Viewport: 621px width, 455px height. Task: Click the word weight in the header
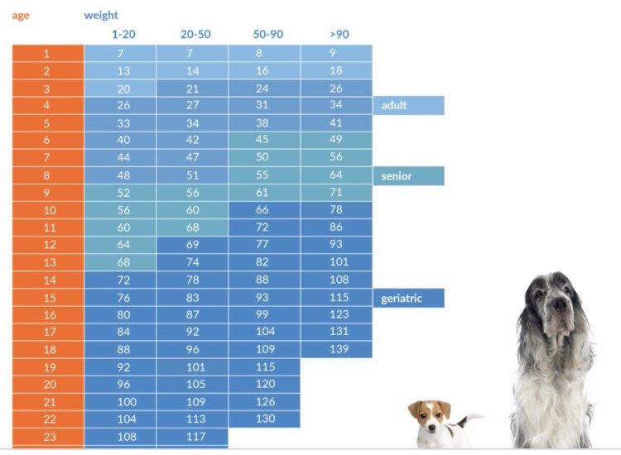pos(101,15)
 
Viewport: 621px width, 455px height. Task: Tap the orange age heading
pos(21,15)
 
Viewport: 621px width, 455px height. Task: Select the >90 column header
pos(338,34)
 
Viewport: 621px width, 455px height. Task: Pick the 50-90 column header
pos(267,34)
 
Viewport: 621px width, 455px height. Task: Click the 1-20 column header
pos(123,34)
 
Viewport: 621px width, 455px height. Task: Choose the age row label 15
pos(47,298)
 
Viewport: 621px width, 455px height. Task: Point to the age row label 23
pos(47,437)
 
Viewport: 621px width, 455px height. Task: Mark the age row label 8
pos(47,175)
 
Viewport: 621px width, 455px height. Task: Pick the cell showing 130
pos(264,419)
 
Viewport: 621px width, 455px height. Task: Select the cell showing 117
pos(192,437)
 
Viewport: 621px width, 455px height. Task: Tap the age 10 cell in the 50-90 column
pos(264,210)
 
